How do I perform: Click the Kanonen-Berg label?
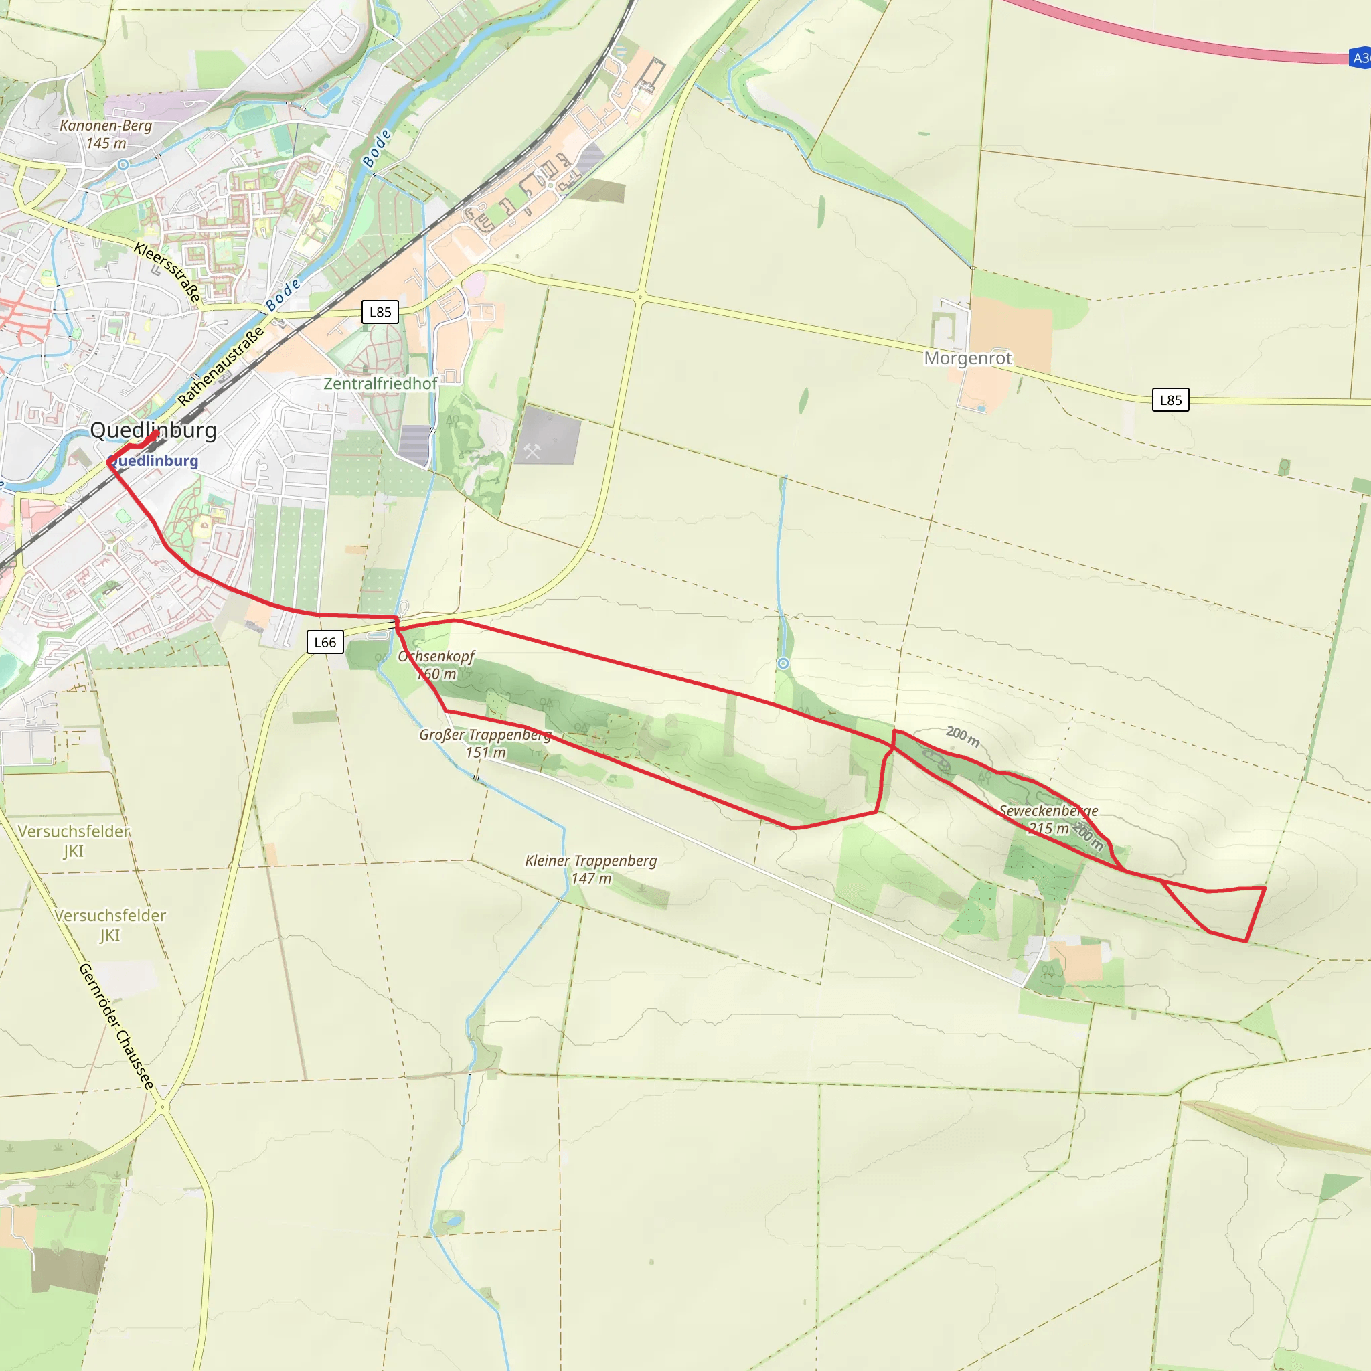point(106,127)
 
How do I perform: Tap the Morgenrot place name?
point(968,358)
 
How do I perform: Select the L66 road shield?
point(325,642)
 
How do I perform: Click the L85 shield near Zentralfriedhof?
point(380,311)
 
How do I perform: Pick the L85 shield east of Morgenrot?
point(1170,400)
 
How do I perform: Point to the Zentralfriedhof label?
point(380,383)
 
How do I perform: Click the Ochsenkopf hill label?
point(436,657)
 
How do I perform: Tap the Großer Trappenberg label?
point(485,735)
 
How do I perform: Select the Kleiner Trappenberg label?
point(591,861)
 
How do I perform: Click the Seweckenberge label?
point(1049,811)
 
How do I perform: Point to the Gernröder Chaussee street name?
point(116,1026)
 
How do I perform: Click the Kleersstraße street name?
point(167,272)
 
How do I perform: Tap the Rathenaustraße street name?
point(221,366)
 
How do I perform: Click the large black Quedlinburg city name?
point(153,430)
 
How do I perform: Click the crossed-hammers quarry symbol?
point(532,451)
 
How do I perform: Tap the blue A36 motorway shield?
point(1360,58)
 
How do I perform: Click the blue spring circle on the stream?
point(783,663)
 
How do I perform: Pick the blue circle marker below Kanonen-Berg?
point(123,165)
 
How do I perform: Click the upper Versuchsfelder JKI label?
point(74,831)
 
